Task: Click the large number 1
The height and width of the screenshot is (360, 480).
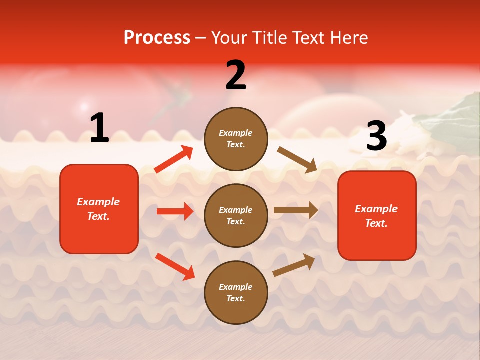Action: click(x=99, y=128)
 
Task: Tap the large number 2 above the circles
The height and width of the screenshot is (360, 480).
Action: click(x=236, y=75)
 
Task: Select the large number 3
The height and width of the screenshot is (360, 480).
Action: click(x=376, y=136)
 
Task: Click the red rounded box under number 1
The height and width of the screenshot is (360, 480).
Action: click(x=99, y=209)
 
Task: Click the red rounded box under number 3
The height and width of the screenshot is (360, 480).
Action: click(x=377, y=215)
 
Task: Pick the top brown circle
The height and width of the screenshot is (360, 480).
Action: click(x=236, y=139)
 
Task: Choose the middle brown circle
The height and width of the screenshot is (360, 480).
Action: click(x=236, y=215)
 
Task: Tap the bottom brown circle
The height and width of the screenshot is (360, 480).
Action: click(x=236, y=292)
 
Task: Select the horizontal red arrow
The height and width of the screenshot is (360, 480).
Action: click(x=175, y=211)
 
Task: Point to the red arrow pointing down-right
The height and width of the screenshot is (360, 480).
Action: click(x=175, y=266)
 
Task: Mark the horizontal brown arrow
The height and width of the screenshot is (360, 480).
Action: click(x=296, y=210)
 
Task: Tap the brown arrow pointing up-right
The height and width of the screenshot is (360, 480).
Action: click(x=294, y=265)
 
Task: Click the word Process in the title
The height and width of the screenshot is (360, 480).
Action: click(x=157, y=37)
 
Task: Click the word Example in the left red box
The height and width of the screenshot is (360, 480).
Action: click(x=98, y=202)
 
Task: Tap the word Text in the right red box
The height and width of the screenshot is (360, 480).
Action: click(x=376, y=223)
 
